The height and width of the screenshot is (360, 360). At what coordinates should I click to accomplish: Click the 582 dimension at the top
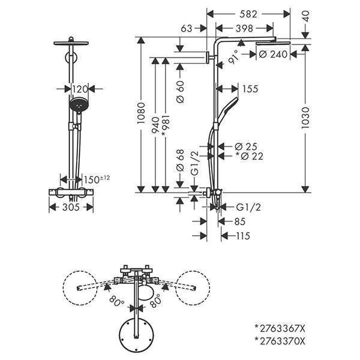[x=248, y=14]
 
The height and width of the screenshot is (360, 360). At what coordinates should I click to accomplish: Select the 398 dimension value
[x=244, y=28]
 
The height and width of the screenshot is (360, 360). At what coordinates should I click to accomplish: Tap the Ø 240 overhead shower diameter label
[x=273, y=55]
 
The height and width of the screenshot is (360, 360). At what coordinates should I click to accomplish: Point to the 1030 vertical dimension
[x=305, y=118]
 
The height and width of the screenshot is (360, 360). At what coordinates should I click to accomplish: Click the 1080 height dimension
[x=141, y=113]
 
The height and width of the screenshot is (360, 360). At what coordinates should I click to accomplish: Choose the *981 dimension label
[x=166, y=126]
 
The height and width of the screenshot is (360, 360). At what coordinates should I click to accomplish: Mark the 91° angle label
[x=233, y=57]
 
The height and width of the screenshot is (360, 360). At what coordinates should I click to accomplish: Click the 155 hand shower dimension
[x=250, y=89]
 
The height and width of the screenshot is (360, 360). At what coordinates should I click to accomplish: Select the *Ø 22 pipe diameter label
[x=250, y=156]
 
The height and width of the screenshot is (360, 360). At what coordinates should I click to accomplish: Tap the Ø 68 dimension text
[x=181, y=160]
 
